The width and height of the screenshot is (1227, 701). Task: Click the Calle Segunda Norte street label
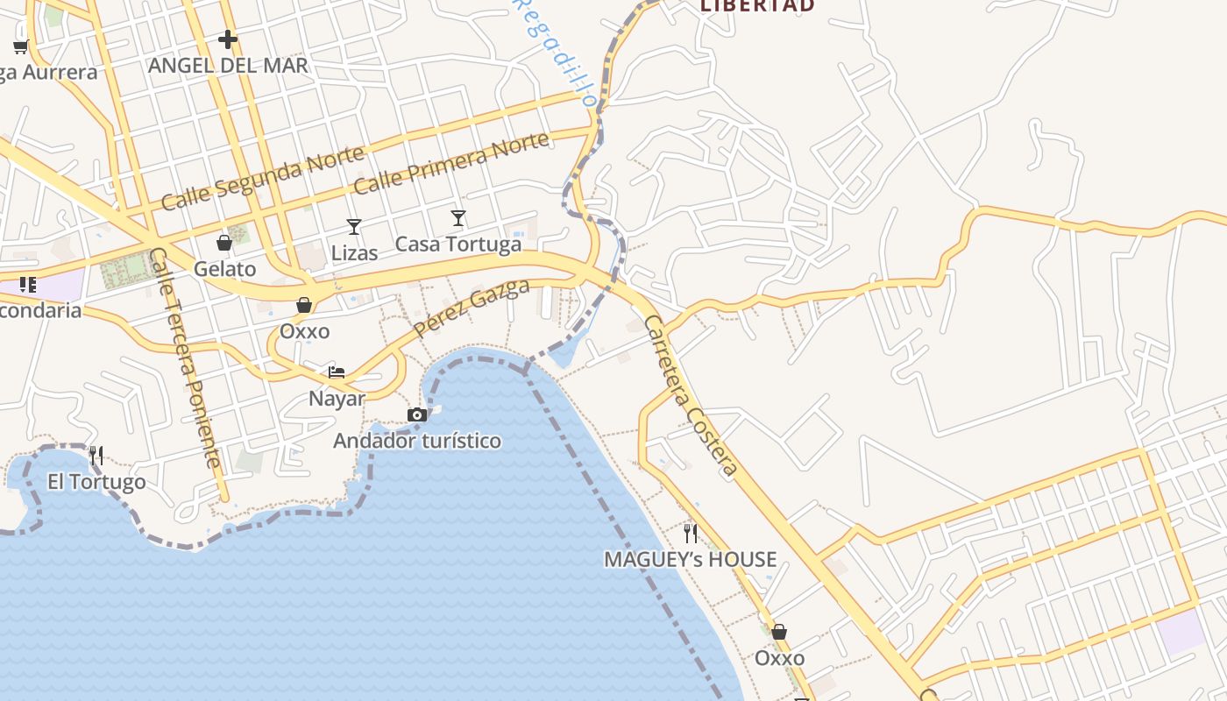coord(262,179)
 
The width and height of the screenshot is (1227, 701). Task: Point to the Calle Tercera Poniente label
coord(185,358)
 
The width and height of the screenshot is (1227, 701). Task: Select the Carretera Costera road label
coord(691,396)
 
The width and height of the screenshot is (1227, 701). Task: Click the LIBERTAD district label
coord(757,5)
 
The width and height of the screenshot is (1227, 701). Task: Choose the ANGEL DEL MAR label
coord(228,66)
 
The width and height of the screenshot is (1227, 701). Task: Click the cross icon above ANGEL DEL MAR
coord(228,39)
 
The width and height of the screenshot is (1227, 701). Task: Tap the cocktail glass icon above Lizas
coord(354,227)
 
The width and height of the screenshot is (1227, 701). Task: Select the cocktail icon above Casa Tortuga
coord(458,218)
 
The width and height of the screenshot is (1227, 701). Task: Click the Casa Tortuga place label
coord(458,244)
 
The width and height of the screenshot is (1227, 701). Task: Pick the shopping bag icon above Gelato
coord(224,243)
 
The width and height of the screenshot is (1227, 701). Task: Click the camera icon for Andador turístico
coord(417,414)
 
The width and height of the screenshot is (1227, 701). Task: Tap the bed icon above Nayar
coord(337,372)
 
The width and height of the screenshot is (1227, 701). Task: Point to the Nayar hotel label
coord(337,399)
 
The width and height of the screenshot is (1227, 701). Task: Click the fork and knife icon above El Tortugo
coord(96,455)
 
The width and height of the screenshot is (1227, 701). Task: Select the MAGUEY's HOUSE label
coord(691,559)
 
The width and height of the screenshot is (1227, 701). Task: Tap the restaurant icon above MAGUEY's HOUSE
coord(691,533)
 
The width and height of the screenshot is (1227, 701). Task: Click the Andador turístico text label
coord(417,441)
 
